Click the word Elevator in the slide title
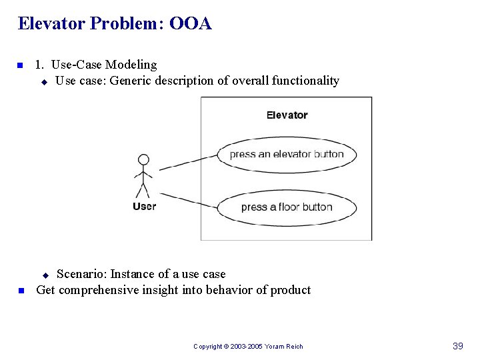tap(51, 24)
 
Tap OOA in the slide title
tap(191, 24)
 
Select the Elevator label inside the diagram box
tap(287, 115)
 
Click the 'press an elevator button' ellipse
tap(287, 154)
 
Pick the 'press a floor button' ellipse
tap(287, 207)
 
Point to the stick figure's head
tap(143, 160)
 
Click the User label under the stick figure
tap(144, 206)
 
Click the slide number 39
tap(457, 346)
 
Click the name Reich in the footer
tap(294, 347)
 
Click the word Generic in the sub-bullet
tap(130, 81)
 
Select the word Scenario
tap(81, 274)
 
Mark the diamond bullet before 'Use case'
tap(44, 82)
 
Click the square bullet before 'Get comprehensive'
tap(21, 291)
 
